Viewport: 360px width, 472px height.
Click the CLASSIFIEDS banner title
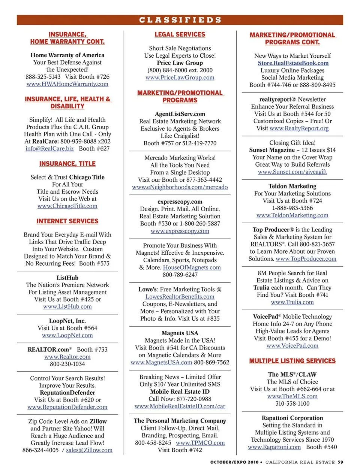pos(180,20)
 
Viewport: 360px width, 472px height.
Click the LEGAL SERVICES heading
pos(180,34)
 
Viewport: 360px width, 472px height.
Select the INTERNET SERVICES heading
pos(67,221)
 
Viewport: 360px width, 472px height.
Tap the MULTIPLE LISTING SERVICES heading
pos(292,361)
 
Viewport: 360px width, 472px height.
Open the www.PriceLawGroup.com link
pos(180,78)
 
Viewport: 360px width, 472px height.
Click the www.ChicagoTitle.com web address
pos(67,206)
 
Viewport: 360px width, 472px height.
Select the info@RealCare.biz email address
pos(49,148)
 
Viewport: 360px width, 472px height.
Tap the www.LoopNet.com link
pos(67,335)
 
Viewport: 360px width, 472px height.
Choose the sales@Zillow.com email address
pos(89,450)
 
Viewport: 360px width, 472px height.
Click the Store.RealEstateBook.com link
pos(293,63)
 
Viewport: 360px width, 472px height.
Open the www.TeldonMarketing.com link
pos(292,215)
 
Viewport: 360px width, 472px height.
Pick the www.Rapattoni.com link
pos(274,447)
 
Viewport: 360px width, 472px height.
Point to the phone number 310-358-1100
pos(292,403)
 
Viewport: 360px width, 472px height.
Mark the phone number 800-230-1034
pos(67,364)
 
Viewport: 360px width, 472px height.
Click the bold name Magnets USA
pos(180,333)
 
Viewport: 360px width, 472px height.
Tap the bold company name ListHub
pos(67,278)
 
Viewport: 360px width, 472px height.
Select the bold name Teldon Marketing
pos(292,186)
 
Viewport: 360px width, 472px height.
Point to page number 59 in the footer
pos(340,462)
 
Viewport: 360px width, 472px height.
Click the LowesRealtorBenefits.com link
pos(180,297)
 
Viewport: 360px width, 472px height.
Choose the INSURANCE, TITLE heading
pos(67,164)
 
